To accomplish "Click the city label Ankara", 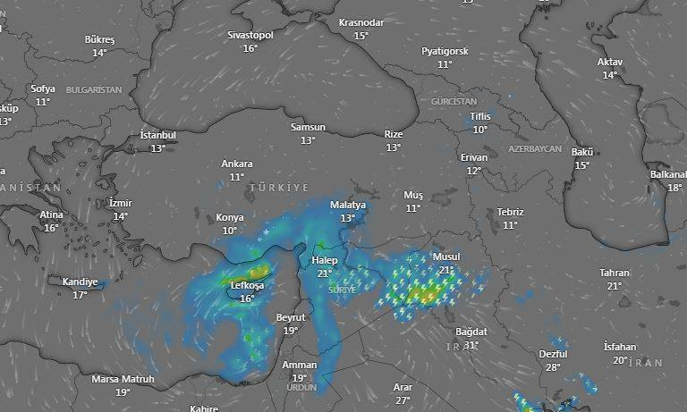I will (x=237, y=164).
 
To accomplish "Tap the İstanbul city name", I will (x=158, y=135).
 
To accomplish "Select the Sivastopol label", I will (x=250, y=35).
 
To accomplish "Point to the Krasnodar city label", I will (x=360, y=22).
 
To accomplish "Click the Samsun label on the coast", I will (x=308, y=128).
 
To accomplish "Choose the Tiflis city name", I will (x=480, y=117).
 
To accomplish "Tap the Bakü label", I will (x=582, y=152).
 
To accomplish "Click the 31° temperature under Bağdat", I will (x=471, y=345).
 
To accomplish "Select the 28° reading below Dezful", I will (x=553, y=367).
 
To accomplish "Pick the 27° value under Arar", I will (x=403, y=399).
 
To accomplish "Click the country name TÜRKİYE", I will (x=279, y=188).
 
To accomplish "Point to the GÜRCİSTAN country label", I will (x=455, y=103).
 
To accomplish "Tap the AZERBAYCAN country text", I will (x=534, y=148).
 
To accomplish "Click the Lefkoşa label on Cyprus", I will (x=247, y=286).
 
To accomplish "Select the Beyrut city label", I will (x=291, y=318).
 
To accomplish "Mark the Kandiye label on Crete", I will (x=80, y=282).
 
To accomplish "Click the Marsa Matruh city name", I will (x=123, y=380).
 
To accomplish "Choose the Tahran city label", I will (x=615, y=273).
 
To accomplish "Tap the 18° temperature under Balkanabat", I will (x=674, y=188).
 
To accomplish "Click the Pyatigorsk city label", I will (x=445, y=52).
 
